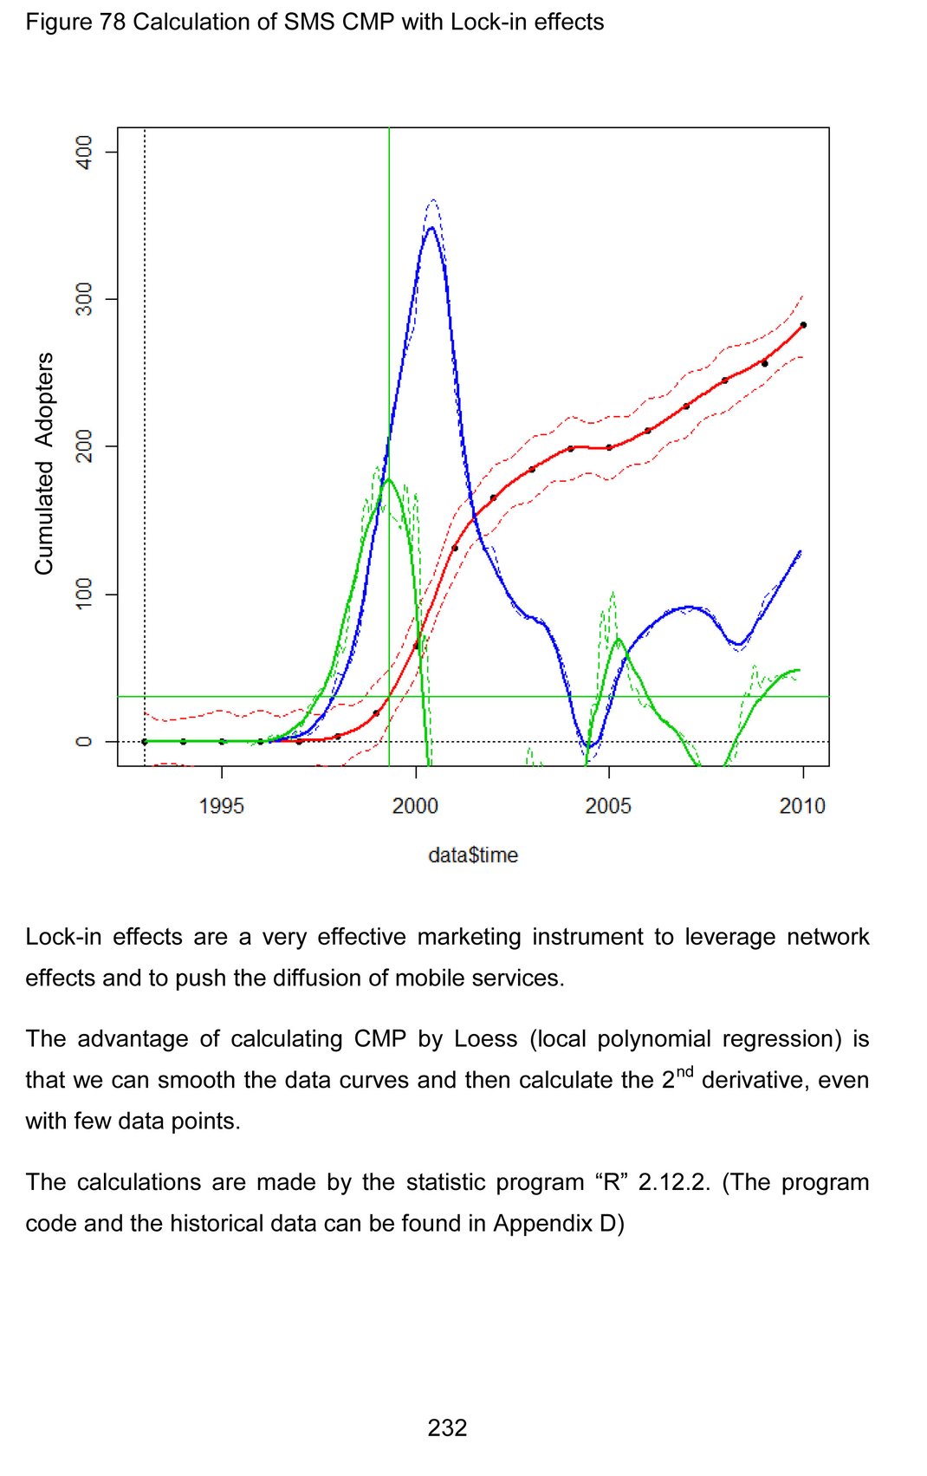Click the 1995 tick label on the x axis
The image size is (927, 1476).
[x=221, y=806]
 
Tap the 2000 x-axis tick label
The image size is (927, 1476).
[x=415, y=806]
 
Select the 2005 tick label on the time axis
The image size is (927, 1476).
[x=608, y=806]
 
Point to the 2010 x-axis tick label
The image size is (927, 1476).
[x=802, y=806]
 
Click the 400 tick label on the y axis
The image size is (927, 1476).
[x=84, y=153]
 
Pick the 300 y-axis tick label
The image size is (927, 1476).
[x=84, y=299]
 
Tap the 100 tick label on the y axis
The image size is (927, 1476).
[x=84, y=594]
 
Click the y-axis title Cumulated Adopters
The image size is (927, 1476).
[x=44, y=463]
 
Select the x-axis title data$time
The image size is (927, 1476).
[x=473, y=855]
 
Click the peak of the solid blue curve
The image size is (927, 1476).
[x=431, y=227]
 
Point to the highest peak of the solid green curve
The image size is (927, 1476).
[x=387, y=479]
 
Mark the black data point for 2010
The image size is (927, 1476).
[x=803, y=325]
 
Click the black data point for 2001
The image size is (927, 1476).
[x=454, y=548]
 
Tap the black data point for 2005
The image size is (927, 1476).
[x=609, y=447]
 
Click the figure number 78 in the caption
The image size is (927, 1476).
[x=113, y=22]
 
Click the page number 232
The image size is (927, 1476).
[x=447, y=1427]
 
